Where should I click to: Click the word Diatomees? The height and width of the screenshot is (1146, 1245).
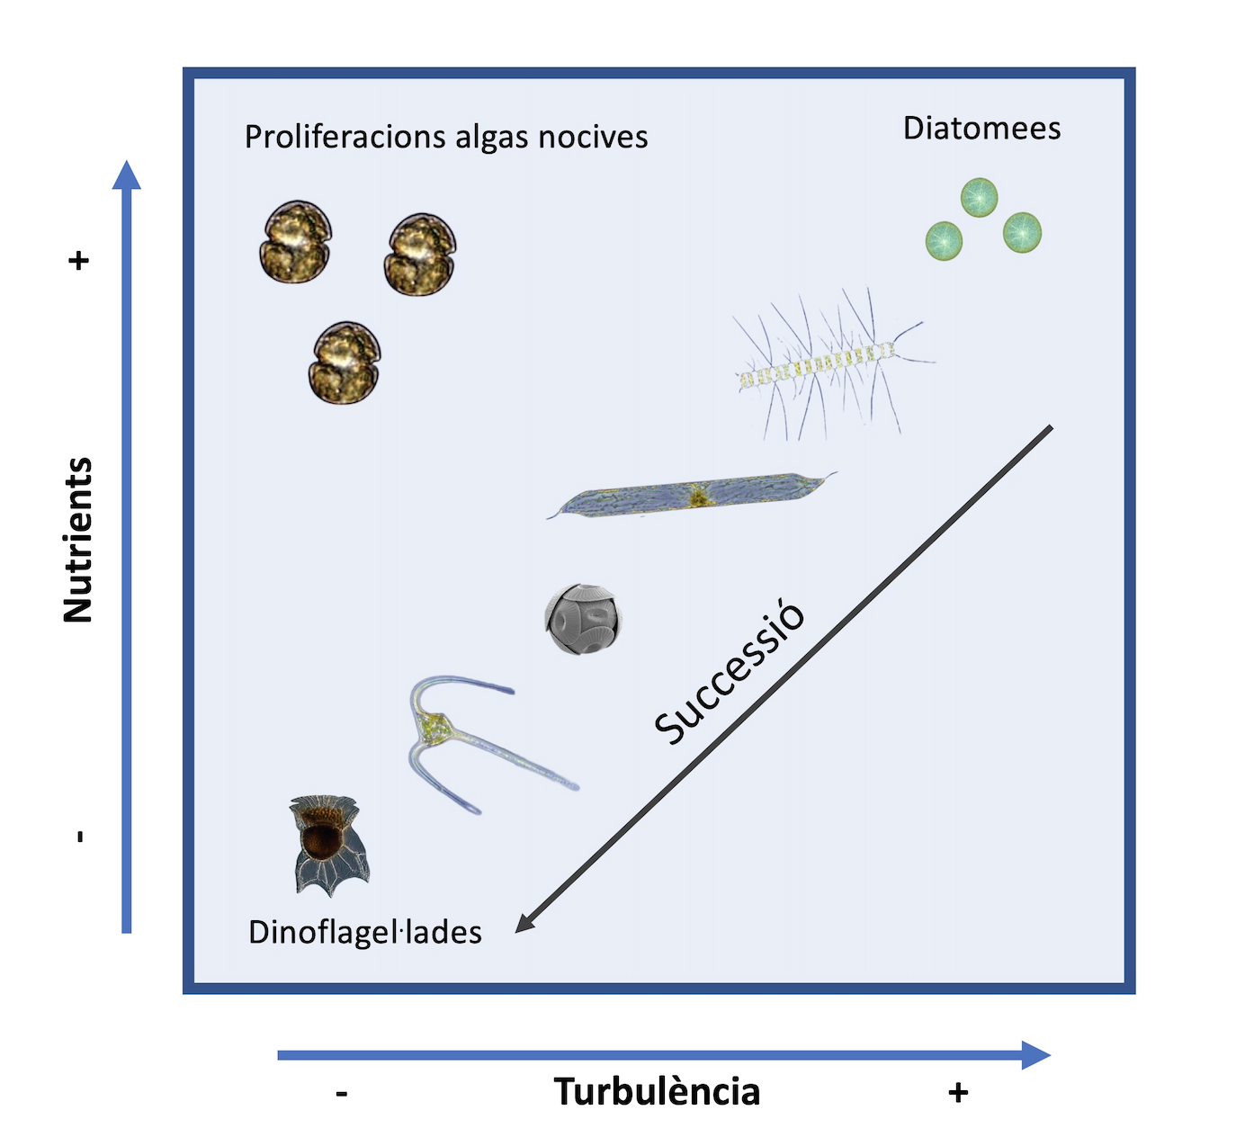point(981,129)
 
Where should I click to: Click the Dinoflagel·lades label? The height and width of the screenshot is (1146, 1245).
point(364,933)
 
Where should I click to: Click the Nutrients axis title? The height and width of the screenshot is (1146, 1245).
point(78,540)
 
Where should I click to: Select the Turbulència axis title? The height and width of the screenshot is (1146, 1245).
point(657,1092)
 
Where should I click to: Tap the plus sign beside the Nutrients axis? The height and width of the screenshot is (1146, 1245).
point(79,261)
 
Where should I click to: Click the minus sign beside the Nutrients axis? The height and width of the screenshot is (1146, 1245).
point(80,837)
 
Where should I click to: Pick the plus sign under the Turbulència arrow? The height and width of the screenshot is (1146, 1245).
point(958,1092)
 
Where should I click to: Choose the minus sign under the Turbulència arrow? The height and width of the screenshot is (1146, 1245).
point(342,1094)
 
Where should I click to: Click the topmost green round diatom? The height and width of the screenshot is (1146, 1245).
point(979,197)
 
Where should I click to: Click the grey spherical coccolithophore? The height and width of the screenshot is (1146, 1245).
point(583,619)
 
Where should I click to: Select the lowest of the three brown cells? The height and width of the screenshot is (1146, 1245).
point(345,363)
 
